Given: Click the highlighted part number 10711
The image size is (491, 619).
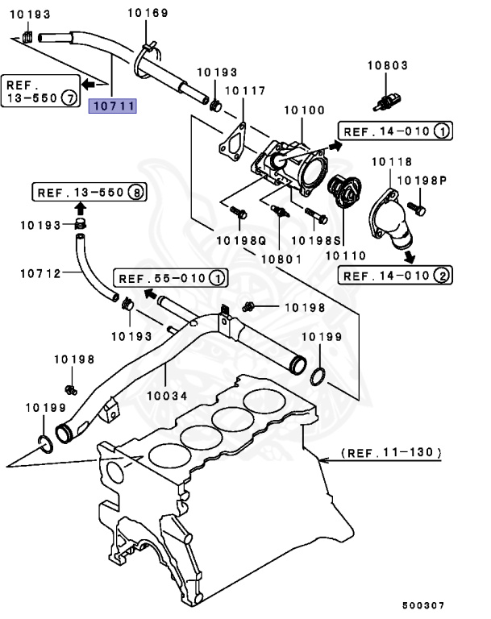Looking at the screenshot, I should (112, 106).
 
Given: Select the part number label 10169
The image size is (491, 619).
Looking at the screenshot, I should (148, 13).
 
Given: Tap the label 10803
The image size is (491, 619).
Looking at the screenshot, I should (388, 65).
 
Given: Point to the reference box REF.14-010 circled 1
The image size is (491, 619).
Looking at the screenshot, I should (396, 131).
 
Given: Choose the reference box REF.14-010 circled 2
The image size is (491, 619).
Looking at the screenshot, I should (396, 276).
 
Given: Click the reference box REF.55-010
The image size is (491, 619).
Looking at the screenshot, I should (169, 279).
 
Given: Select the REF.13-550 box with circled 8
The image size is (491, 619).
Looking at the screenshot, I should (90, 193).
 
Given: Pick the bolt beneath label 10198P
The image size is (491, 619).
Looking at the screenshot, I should (420, 208).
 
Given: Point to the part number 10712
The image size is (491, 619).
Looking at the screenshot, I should (40, 273).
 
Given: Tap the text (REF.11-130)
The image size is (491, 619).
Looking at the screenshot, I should (391, 454).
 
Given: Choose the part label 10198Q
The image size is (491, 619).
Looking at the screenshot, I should (240, 240).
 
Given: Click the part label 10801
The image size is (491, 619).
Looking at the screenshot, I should (280, 259).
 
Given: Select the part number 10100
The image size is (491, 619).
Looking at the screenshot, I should (302, 109).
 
